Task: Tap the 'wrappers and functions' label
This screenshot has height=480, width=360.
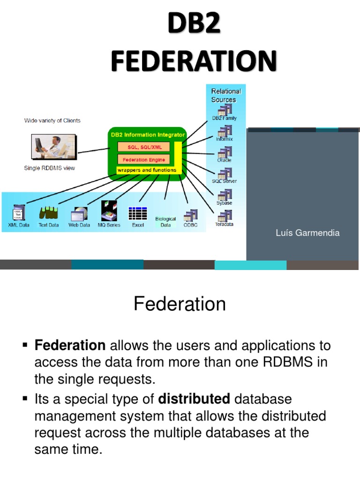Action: coord(147,170)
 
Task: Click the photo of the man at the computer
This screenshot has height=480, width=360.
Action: coord(53,147)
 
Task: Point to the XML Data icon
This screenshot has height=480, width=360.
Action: coord(19,213)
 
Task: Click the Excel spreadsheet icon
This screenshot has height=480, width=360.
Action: coord(138,213)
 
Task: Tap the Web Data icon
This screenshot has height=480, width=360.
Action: coord(79,214)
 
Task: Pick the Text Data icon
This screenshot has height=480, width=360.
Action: coord(49,214)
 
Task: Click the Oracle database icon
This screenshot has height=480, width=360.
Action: coord(225,153)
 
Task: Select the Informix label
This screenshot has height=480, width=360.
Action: coord(224,139)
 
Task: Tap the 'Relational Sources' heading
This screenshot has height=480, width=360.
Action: coord(226,95)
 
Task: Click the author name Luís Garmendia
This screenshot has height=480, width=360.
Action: coord(307,233)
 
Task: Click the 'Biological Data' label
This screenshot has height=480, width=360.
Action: coord(165,222)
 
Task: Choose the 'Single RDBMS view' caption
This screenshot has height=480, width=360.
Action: coord(50,168)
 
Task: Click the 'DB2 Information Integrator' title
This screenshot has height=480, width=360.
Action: coord(148,135)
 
